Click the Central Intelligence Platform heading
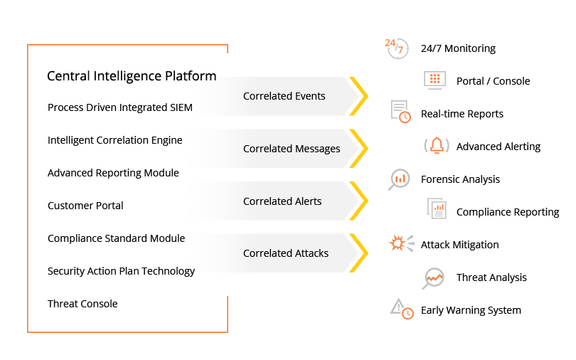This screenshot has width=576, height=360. click(132, 76)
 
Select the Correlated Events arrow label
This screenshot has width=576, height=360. click(284, 96)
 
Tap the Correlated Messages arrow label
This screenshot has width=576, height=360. click(292, 149)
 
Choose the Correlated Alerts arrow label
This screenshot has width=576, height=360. click(282, 201)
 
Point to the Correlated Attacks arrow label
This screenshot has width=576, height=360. click(286, 253)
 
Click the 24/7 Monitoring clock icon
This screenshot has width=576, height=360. click(397, 48)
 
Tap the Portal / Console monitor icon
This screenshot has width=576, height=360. click(434, 80)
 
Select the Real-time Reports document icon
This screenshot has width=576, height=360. click(400, 112)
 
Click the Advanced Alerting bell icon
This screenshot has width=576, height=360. click(435, 145)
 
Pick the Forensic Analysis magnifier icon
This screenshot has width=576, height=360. click(399, 179)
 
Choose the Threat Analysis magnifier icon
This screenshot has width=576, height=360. click(433, 277)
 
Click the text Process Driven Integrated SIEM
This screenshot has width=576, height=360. click(120, 108)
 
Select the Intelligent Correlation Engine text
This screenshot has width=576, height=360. click(114, 140)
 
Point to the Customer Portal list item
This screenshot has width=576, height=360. click(85, 206)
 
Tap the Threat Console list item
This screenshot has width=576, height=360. click(82, 304)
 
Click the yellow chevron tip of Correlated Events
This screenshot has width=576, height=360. click(363, 96)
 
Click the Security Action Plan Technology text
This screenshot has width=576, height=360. click(121, 271)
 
